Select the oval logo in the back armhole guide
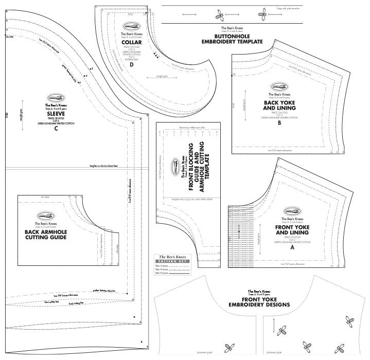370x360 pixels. click(46, 217)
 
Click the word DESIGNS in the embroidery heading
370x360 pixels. click(278, 304)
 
